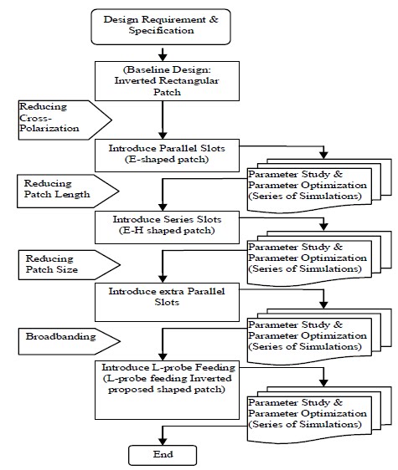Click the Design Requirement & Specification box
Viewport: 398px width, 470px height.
pyautogui.click(x=161, y=27)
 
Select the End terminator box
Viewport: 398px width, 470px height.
pyautogui.click(x=163, y=455)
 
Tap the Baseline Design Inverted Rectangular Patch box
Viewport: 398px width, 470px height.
pyautogui.click(x=167, y=81)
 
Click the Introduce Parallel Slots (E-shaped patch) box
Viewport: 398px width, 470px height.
pyautogui.click(x=167, y=156)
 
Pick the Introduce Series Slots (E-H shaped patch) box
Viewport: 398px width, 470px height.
pyautogui.click(x=167, y=227)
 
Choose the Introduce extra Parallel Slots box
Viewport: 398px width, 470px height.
pyautogui.click(x=167, y=302)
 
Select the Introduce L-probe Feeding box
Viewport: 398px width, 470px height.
pyautogui.click(x=167, y=390)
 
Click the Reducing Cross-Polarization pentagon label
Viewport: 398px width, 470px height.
pyautogui.click(x=65, y=120)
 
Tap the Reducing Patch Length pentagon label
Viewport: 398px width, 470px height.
pyautogui.click(x=68, y=192)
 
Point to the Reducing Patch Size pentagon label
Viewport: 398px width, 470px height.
pyautogui.click(x=69, y=265)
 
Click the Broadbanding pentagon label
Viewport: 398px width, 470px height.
pyautogui.click(x=69, y=341)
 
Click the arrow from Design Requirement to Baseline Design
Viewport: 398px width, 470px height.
pyautogui.click(x=163, y=54)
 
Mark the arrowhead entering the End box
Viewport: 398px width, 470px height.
pyautogui.click(x=163, y=441)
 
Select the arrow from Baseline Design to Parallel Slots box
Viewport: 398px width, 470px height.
pyautogui.click(x=163, y=120)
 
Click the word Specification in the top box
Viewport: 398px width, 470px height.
pyautogui.click(x=162, y=31)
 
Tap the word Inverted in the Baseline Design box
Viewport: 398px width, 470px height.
pyautogui.click(x=135, y=80)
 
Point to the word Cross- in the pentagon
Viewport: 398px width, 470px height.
pyautogui.click(x=35, y=118)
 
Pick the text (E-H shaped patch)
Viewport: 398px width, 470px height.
pyautogui.click(x=167, y=231)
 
